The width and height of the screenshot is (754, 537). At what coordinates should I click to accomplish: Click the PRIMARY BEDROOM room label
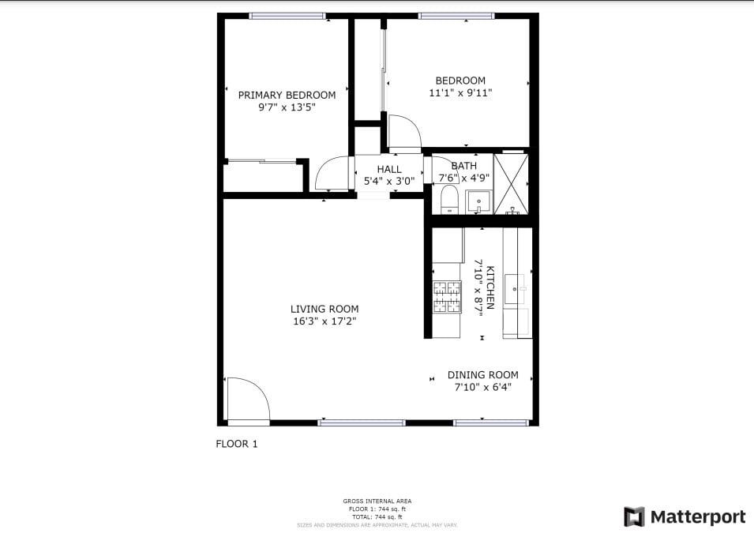(287, 95)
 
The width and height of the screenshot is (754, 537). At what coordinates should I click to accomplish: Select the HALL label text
(388, 169)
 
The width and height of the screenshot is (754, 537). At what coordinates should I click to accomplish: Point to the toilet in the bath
(448, 199)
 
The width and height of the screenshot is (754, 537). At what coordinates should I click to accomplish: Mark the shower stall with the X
(511, 183)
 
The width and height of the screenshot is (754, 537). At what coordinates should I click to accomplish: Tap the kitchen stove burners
(446, 298)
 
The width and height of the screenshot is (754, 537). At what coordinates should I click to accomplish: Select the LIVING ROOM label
(324, 309)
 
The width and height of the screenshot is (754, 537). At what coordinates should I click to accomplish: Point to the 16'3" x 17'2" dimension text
(324, 321)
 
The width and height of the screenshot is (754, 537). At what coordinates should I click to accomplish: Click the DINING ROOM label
(482, 375)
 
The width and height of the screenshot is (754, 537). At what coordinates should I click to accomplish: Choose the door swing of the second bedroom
(405, 133)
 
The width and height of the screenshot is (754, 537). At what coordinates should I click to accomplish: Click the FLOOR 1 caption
(237, 444)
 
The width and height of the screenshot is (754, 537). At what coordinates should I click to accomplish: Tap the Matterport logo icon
(634, 517)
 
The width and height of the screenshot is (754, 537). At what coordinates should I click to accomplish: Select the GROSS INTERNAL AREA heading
(377, 501)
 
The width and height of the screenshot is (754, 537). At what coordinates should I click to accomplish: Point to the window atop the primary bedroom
(287, 16)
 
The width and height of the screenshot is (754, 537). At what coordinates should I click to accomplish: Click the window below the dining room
(490, 422)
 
